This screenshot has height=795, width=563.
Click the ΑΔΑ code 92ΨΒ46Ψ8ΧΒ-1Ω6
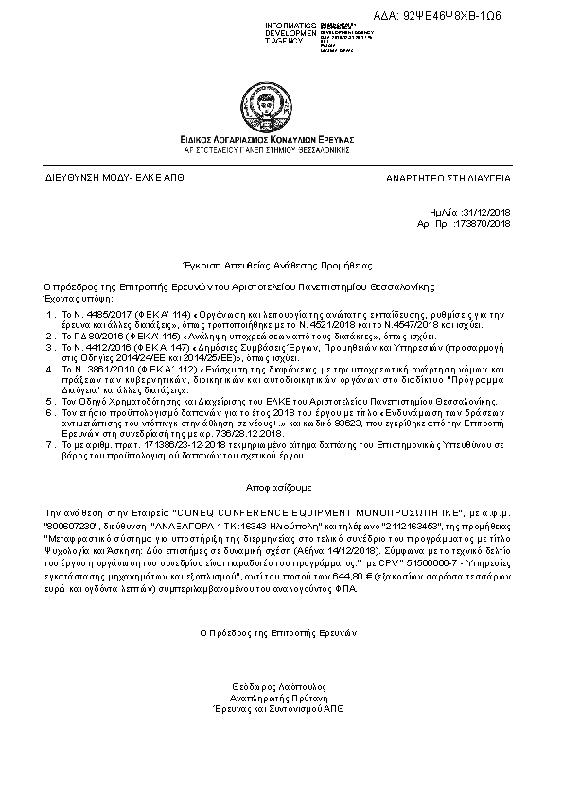coord(455,16)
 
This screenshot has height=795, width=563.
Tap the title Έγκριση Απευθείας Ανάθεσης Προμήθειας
coord(278,266)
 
